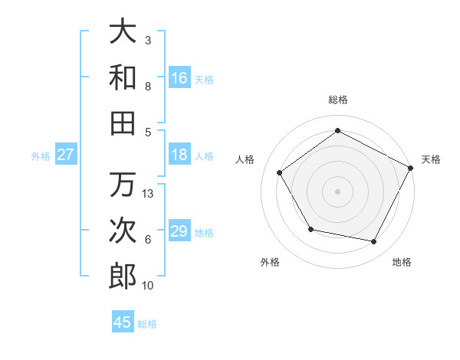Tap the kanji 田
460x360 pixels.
tap(123, 123)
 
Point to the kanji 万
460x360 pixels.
tap(123, 185)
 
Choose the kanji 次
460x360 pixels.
tap(123, 231)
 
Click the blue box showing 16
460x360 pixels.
tap(179, 78)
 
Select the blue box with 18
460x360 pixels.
tap(179, 155)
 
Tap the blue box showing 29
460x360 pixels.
tap(179, 231)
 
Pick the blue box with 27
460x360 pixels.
tap(66, 155)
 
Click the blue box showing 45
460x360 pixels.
tap(123, 322)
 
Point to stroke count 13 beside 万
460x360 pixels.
tap(149, 194)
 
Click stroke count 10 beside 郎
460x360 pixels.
tap(149, 286)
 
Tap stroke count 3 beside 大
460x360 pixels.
tap(148, 40)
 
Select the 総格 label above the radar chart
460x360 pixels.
tap(337, 100)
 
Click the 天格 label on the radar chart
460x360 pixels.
tap(431, 159)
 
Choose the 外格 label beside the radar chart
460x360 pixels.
tap(270, 262)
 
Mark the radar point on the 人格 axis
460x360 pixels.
tap(280, 172)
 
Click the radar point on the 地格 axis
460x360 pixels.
tap(374, 242)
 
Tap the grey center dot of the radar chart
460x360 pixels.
tap(337, 191)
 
